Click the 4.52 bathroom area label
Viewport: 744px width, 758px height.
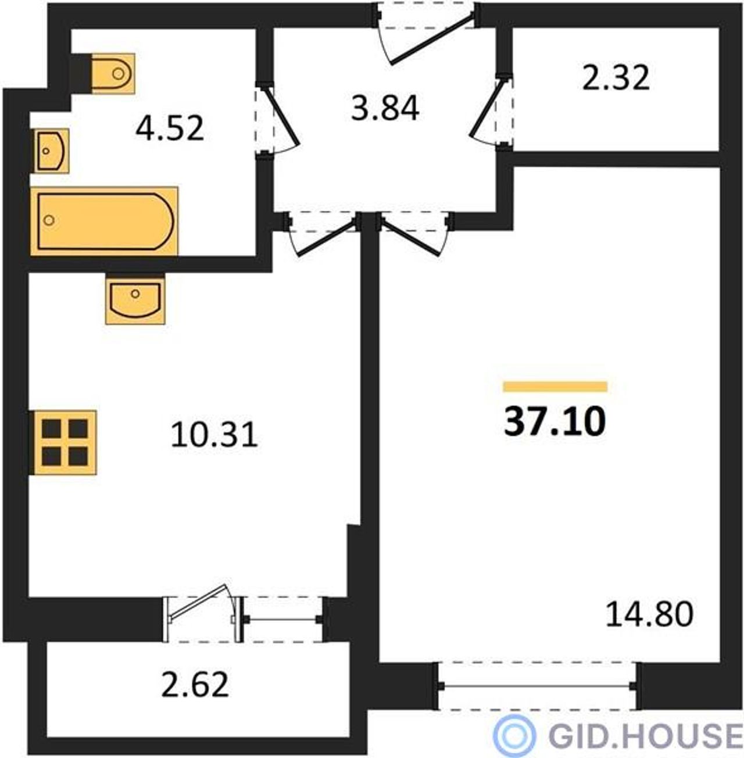(x=170, y=128)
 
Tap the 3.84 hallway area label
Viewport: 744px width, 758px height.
(x=385, y=108)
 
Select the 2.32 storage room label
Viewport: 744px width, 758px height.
(x=616, y=78)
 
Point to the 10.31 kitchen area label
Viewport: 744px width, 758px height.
(x=214, y=435)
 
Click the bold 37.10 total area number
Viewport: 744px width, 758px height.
(x=555, y=421)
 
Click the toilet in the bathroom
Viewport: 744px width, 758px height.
(x=113, y=74)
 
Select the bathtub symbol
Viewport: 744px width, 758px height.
(x=104, y=221)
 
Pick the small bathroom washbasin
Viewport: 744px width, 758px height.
(x=52, y=151)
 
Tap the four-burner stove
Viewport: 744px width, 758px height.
(x=64, y=442)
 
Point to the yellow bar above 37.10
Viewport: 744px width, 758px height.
(x=555, y=387)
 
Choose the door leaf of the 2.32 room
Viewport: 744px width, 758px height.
(x=487, y=107)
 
